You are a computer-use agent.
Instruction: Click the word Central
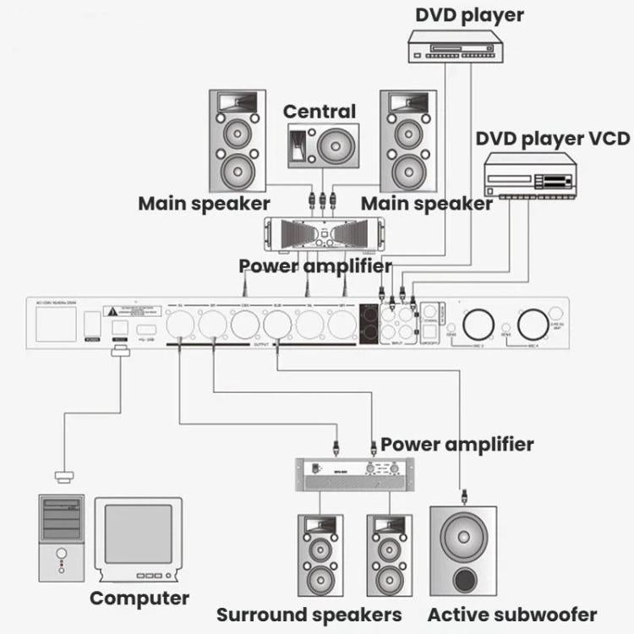tap(319, 112)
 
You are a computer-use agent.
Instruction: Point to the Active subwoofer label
tap(511, 615)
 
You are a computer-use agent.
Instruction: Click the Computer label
tap(139, 598)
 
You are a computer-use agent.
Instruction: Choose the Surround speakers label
tap(309, 615)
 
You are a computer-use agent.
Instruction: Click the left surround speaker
tap(320, 555)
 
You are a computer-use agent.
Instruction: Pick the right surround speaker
tap(390, 555)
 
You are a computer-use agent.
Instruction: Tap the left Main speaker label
tap(204, 204)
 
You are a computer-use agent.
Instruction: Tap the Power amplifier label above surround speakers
tap(456, 444)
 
